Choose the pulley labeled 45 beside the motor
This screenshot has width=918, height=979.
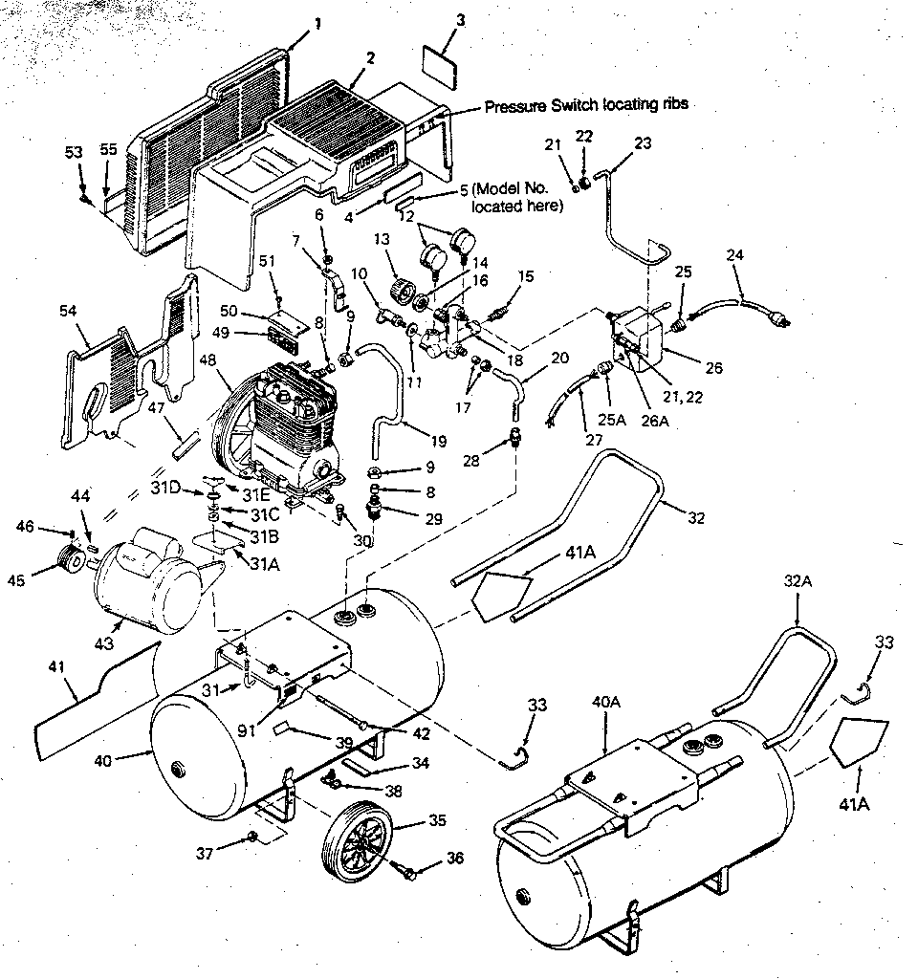[x=69, y=557]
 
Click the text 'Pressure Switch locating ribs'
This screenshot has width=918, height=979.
[x=585, y=105]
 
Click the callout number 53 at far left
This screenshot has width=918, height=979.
[x=75, y=153]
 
